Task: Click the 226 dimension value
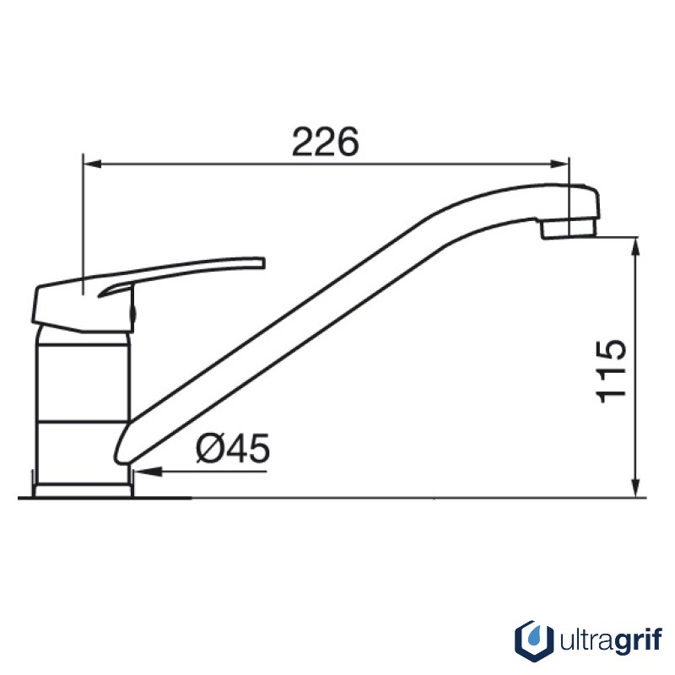[x=325, y=142]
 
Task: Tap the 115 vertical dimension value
[x=611, y=372]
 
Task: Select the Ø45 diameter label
[x=233, y=448]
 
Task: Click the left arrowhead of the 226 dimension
[x=92, y=164]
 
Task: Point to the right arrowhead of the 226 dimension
[x=560, y=164]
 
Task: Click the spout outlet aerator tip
[x=569, y=228]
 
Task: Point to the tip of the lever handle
[x=262, y=263]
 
